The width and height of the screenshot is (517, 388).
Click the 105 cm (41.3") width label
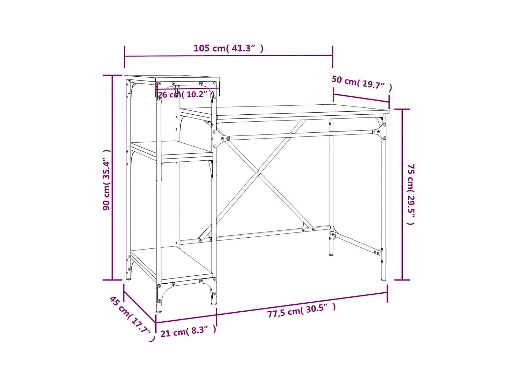[228, 48]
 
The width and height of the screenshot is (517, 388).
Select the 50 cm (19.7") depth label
[362, 83]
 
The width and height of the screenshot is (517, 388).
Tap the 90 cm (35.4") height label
[107, 180]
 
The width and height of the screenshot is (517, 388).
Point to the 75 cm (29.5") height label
[411, 194]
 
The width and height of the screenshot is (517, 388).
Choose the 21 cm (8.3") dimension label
[188, 331]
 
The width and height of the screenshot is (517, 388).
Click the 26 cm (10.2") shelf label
[186, 94]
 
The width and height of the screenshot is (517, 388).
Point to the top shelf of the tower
[172, 78]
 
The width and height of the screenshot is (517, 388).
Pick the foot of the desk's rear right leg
[331, 254]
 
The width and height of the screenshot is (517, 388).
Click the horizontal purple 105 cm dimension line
[228, 56]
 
